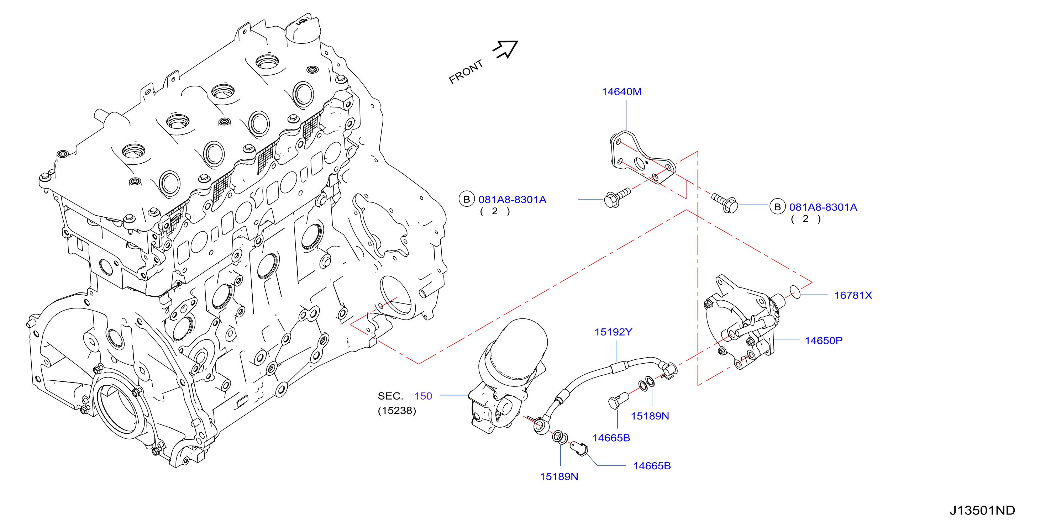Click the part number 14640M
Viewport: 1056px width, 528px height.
coord(621,92)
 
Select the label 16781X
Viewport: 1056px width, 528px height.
coord(853,295)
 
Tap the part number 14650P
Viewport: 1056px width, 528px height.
coord(824,340)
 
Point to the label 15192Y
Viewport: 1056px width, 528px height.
coord(613,332)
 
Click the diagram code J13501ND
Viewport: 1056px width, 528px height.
coord(982,510)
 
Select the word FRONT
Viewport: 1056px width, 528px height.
coord(466,72)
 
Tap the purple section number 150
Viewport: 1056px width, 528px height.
coord(423,396)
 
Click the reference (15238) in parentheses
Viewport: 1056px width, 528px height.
coord(397,411)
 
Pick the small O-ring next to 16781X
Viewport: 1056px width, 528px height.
coord(795,292)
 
